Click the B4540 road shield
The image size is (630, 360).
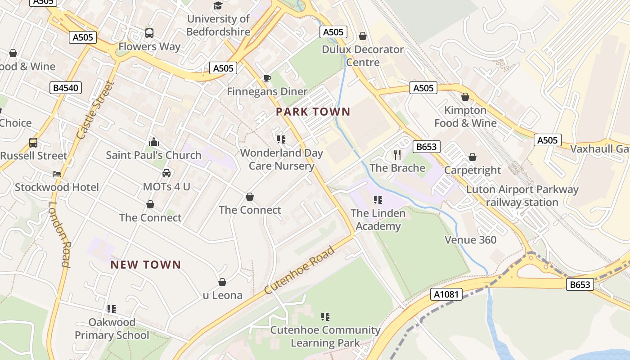pos(66,88)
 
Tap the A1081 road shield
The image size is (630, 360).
pos(446,294)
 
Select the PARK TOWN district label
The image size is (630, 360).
pos(313,112)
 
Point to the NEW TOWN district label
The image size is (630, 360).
pos(145,265)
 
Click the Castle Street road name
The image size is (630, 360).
pos(94,110)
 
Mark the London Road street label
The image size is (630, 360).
pos(59,234)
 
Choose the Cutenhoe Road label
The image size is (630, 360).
pos(300,270)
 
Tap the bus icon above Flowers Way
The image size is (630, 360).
pos(149,33)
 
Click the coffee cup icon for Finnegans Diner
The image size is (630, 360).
pos(267,79)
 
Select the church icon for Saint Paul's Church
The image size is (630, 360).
pos(154,142)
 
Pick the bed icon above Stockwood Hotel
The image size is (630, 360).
pos(57,174)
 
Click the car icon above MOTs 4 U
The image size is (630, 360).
pos(166,173)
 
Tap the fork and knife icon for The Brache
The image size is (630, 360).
pos(397,155)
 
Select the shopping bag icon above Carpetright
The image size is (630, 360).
pos(472,157)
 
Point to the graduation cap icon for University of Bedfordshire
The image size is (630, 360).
pos(218,6)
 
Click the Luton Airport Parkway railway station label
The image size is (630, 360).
pos(522,196)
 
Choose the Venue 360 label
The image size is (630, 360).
pos(470,240)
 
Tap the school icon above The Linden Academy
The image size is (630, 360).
pos(378,199)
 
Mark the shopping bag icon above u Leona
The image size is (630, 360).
pos(222,282)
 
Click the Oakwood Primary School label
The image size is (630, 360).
pos(112,328)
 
